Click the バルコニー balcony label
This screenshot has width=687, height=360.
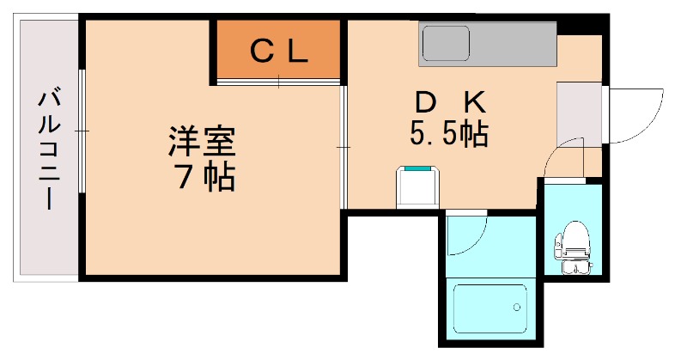47,148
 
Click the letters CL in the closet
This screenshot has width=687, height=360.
278,52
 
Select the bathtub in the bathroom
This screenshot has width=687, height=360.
489,304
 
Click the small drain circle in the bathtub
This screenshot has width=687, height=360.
517,305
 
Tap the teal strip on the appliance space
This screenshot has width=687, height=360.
418,170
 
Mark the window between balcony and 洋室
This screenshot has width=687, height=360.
82,131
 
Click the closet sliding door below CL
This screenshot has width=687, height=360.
278,82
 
